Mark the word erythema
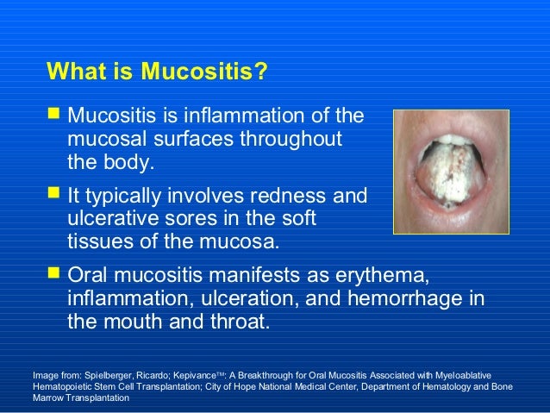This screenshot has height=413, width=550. [x=379, y=277]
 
